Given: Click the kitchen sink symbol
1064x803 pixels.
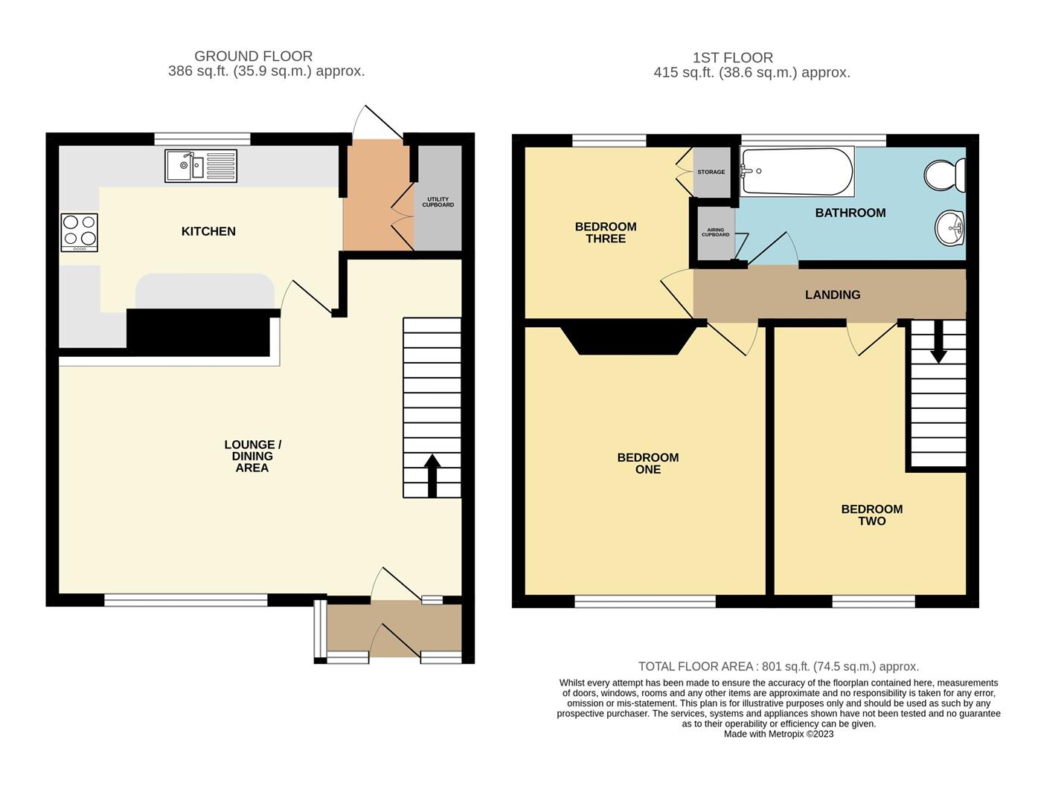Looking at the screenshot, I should point(201,166).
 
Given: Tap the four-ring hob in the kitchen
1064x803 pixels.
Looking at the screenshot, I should point(80,231).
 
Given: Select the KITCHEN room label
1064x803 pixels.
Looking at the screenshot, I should point(208,231).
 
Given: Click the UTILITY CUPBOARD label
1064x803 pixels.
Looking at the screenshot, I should point(438,202).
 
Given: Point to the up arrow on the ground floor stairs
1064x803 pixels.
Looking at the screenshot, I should point(432,475).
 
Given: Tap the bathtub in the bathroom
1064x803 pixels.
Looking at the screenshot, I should point(797,171).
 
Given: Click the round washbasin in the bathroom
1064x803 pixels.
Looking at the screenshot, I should point(949,228).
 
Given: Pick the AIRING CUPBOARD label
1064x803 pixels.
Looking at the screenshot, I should point(715,233).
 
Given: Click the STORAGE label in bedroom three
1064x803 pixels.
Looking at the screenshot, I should point(711,172).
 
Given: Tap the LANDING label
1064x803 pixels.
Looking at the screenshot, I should point(833,295).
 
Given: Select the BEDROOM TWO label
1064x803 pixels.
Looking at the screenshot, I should point(871,515).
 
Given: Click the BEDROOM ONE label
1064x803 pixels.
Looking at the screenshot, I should point(648,463).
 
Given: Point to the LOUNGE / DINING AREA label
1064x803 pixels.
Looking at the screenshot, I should point(252,457).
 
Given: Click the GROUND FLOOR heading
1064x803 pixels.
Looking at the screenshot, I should point(253,57).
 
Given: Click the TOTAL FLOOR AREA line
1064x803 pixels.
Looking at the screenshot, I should point(778,667).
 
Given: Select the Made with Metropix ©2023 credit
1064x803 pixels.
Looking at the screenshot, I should point(778,734).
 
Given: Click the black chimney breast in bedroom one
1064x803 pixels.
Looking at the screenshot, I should point(629,338).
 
